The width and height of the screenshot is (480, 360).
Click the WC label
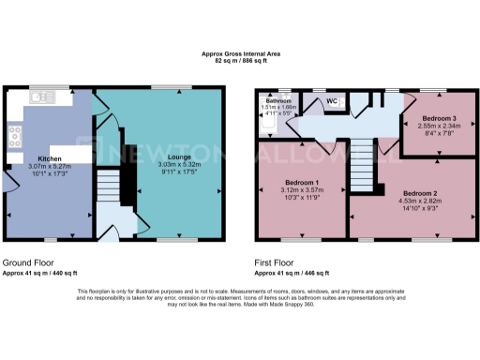(x=332, y=100)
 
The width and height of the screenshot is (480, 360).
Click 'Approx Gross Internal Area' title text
(x=240, y=54)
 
